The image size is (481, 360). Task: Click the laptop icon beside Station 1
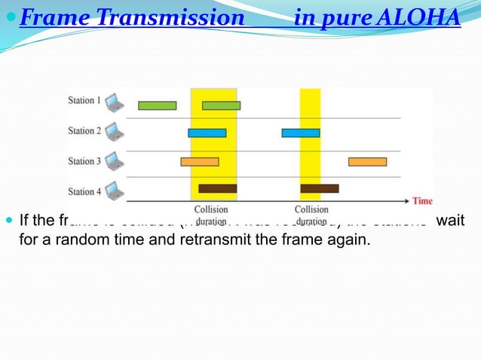[x=114, y=101]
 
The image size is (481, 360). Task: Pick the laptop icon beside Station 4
[x=114, y=191]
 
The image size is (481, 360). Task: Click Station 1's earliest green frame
[x=157, y=105]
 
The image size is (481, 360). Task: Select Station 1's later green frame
[x=221, y=105]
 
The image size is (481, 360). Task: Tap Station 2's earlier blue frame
[x=207, y=133]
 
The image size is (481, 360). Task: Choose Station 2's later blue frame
[x=301, y=133]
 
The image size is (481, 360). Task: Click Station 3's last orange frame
[x=367, y=161]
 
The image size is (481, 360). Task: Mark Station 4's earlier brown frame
[x=217, y=188]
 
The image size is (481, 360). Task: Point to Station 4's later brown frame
[x=319, y=188]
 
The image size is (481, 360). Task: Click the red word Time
[x=422, y=201]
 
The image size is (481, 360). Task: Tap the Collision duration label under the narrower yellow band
[x=311, y=215]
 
